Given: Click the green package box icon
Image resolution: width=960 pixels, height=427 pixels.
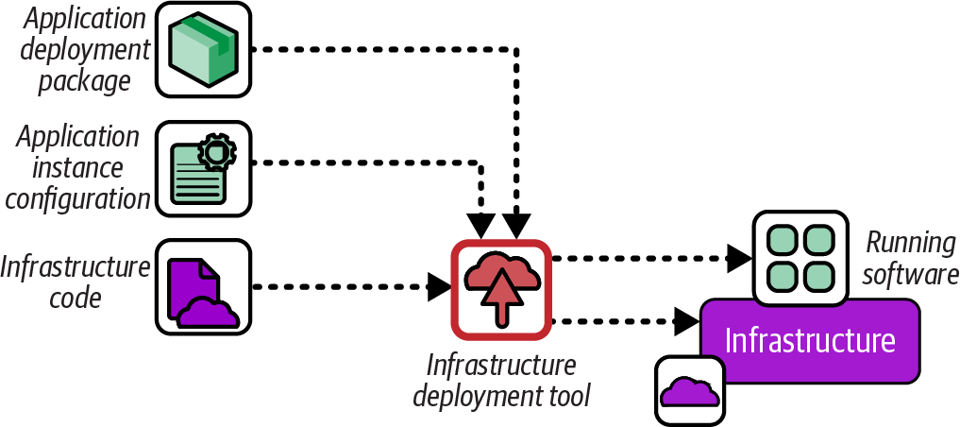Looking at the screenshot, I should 203,49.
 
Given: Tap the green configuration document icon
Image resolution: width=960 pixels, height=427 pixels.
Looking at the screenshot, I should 203,167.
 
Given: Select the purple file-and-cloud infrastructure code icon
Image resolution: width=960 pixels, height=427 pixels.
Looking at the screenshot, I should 203,286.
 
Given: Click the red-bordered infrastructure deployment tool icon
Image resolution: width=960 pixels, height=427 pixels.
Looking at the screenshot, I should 500,289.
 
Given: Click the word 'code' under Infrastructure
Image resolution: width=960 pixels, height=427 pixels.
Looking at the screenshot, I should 76,299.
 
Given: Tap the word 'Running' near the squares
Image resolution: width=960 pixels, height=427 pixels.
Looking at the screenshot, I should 911,243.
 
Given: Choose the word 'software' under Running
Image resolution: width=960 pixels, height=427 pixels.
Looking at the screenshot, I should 911,274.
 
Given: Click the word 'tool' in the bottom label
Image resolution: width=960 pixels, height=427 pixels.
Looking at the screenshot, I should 569,395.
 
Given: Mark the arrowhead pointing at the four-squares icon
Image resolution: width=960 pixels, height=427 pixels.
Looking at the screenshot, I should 739,257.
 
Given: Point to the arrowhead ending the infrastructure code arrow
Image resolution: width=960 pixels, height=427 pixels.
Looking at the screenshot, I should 439,286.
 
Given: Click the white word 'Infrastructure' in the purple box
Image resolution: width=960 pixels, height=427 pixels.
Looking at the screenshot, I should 809,341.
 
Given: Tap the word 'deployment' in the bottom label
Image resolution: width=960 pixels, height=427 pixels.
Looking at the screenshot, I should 476,395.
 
